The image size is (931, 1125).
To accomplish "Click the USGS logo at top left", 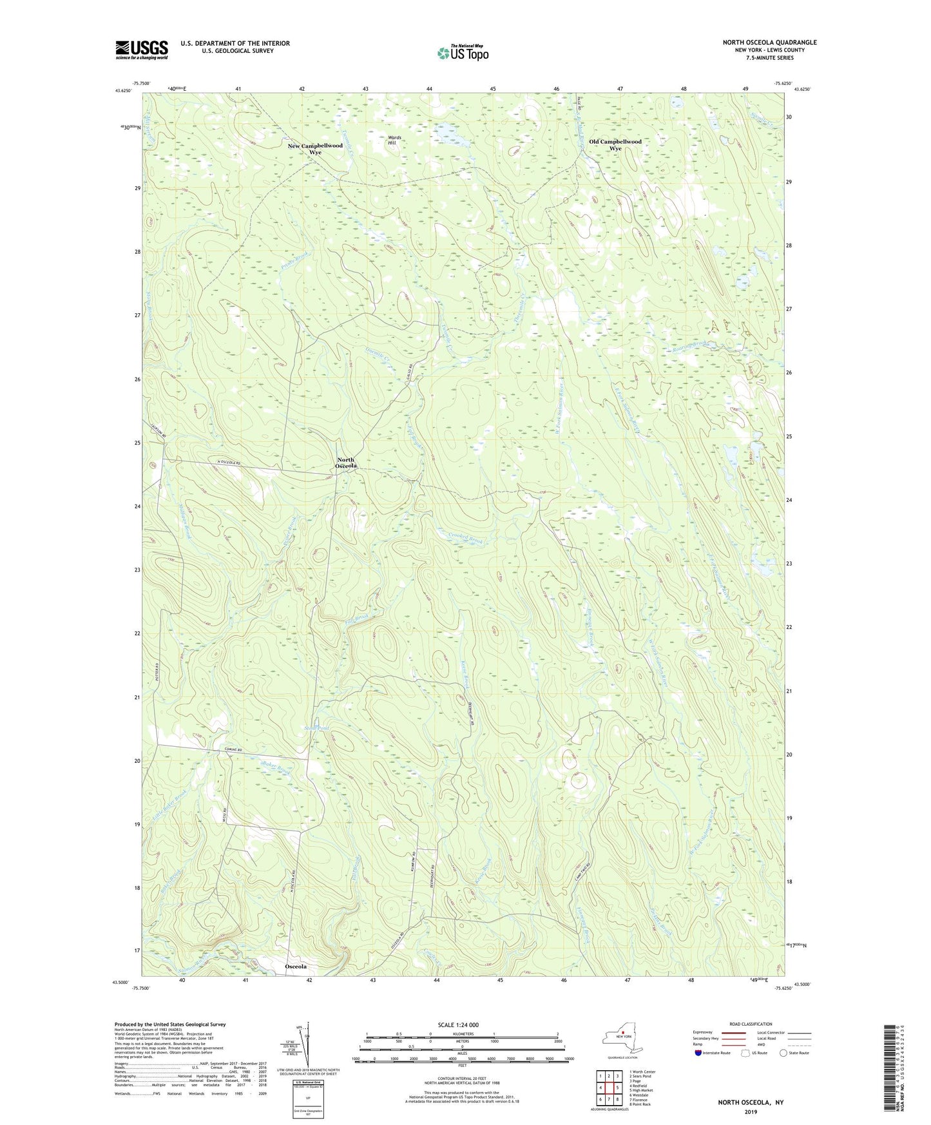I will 142,50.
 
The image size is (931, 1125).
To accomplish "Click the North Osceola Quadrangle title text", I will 769,43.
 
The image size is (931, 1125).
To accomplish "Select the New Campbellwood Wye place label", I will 315,149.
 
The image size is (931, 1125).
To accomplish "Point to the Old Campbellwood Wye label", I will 615,144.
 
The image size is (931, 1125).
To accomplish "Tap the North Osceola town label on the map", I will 346,463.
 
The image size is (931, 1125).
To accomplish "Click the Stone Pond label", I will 316,728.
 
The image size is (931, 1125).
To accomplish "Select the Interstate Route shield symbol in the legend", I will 698,1053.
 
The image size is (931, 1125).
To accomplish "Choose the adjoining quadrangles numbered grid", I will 609,1089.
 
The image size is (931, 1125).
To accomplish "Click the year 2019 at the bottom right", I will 751,1111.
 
